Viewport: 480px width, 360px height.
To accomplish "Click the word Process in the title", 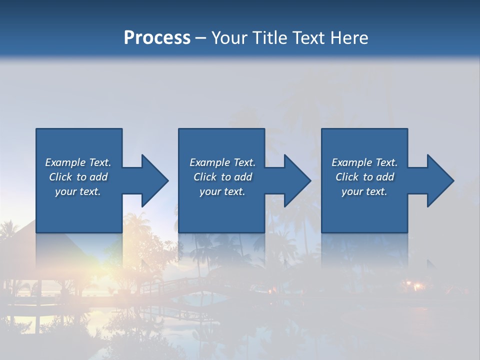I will click(x=157, y=38).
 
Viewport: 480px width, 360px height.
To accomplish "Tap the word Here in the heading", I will click(x=348, y=38).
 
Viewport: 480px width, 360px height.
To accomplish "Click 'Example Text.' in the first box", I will click(x=78, y=162).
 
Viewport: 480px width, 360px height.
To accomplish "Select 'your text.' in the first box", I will click(x=78, y=191).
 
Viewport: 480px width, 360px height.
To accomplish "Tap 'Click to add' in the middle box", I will click(x=222, y=177).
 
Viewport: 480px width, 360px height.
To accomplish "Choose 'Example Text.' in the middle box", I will click(x=222, y=162).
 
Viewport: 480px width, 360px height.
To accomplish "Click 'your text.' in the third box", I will click(x=364, y=191).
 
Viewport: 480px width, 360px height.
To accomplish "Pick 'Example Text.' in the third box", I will click(x=364, y=162).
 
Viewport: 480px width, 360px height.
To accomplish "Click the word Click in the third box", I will click(x=347, y=177).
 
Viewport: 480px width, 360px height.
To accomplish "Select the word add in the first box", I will click(x=99, y=177).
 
